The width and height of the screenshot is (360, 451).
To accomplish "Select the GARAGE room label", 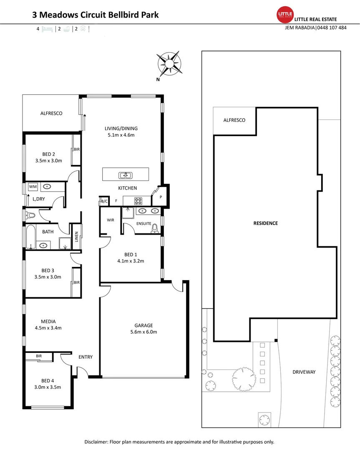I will coord(143,325).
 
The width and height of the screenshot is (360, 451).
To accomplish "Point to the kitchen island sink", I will coord(125,175).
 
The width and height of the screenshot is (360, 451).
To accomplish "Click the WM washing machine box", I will coord(32,187).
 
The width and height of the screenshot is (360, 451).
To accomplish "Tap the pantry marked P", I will coord(161,197).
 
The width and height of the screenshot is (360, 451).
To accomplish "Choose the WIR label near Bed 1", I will coord(111,220).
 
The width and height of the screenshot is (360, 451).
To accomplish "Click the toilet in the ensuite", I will coord(155,228).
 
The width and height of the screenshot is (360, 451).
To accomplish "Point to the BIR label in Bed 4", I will coord(39,356).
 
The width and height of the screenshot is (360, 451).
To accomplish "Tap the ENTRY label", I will coord(86,357).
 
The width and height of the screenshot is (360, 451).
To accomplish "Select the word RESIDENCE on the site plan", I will coord(265,223).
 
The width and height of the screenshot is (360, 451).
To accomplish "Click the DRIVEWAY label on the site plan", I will coord(304,372).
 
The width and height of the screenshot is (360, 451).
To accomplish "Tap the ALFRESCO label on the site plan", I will coord(234,120).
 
